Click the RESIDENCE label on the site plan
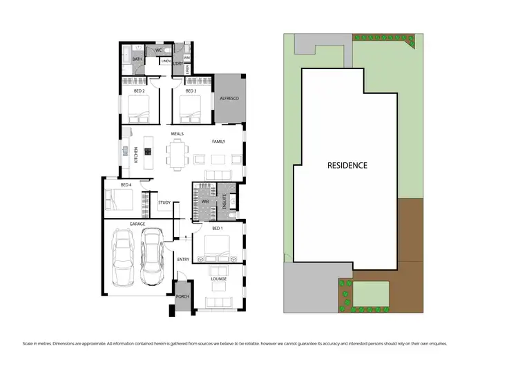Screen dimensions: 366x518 coord(347,166)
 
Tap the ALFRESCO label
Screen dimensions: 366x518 coord(229,99)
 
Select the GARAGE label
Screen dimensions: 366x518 coord(137,224)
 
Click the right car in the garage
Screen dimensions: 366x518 coord(152,258)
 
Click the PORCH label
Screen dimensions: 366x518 coord(182,296)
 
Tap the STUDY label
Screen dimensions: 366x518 coord(164,202)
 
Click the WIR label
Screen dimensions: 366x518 coord(204,201)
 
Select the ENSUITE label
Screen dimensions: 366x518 coord(224,201)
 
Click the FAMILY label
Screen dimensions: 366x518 coord(218,142)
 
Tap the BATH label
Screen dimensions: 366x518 coord(137,59)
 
